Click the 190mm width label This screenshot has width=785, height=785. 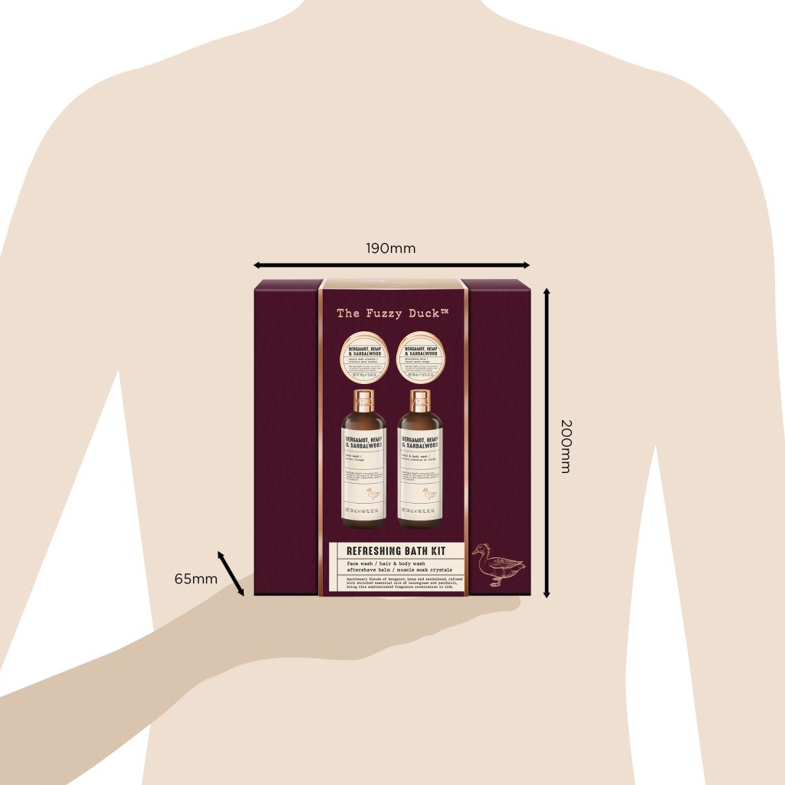click(x=390, y=248)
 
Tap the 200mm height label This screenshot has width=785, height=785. click(x=565, y=445)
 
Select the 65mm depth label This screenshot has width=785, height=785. click(x=195, y=578)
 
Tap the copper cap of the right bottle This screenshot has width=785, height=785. click(x=420, y=399)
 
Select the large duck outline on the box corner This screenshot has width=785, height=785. click(x=498, y=566)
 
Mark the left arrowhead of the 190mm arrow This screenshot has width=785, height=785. click(x=257, y=265)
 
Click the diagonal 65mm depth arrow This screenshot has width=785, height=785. click(x=231, y=572)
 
